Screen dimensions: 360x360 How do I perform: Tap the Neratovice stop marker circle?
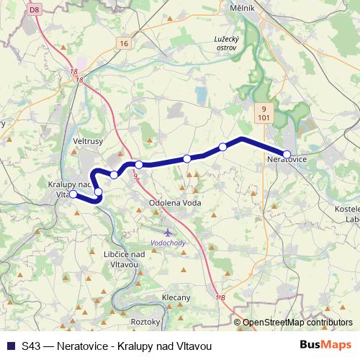point(287,153)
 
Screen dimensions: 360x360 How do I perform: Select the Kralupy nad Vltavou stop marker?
point(73,194)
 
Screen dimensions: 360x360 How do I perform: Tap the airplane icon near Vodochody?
point(168,233)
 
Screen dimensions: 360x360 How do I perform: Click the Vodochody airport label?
point(168,243)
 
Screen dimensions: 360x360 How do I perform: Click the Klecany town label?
point(176,297)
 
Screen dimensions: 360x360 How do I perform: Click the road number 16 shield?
point(125,44)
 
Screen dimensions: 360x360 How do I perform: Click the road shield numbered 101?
point(264,115)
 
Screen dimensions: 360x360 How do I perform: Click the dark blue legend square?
point(10,346)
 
